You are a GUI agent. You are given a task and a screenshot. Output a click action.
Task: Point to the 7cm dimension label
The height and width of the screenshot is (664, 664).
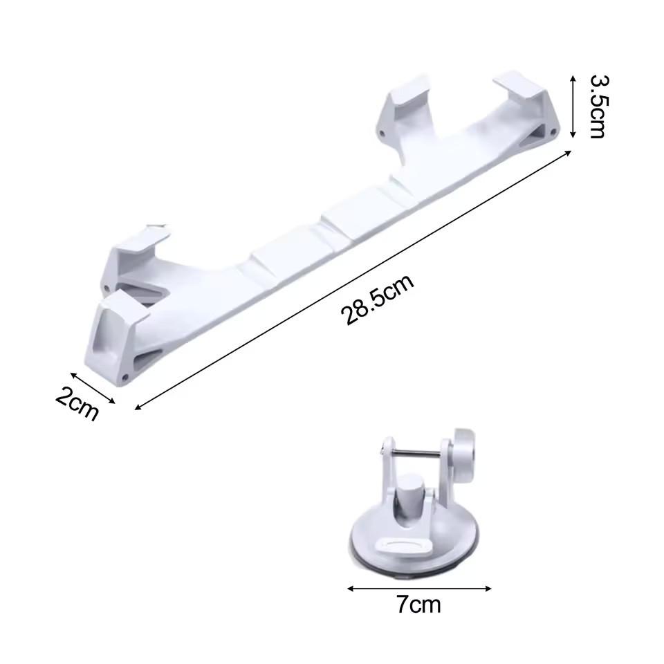tap(418, 605)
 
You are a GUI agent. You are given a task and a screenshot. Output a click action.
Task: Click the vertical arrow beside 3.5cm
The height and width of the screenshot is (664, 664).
tap(573, 107)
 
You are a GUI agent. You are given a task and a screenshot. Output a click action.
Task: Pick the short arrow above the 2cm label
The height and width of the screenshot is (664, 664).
tap(92, 388)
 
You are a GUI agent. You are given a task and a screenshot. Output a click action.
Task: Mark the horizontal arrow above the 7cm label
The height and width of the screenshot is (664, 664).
tap(419, 588)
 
